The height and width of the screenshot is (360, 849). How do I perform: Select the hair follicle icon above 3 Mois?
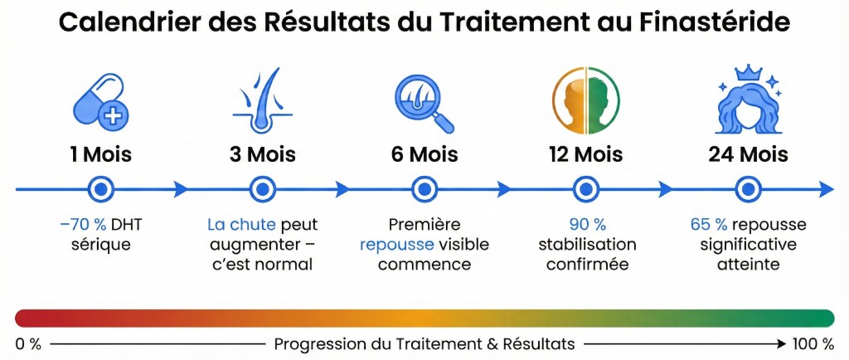(x=262, y=101)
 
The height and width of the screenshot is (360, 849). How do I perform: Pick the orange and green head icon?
(x=586, y=101)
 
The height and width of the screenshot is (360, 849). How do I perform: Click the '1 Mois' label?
(x=101, y=155)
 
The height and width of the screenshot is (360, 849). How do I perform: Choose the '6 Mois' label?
(x=424, y=155)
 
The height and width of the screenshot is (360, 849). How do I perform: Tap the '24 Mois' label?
(x=748, y=155)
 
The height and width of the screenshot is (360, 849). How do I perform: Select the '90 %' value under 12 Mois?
(x=587, y=226)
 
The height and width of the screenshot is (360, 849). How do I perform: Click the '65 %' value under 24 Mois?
(x=709, y=226)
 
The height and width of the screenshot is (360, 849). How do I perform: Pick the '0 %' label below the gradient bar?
(x=28, y=343)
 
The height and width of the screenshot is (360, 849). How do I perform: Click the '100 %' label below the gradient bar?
(x=815, y=343)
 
